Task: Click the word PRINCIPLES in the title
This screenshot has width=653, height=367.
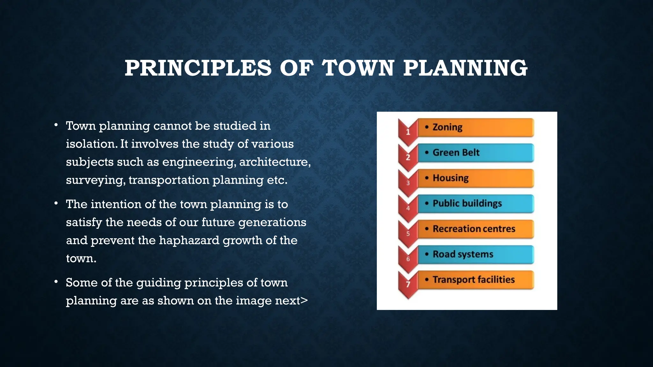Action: [198, 68]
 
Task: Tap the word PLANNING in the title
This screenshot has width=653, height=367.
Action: [465, 68]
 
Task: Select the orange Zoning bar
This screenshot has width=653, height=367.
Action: [475, 127]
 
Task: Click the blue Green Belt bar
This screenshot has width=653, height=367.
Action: [475, 153]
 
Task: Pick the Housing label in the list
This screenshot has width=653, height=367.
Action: [451, 178]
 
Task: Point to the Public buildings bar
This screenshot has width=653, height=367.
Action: [475, 204]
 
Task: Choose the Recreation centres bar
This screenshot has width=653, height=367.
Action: [475, 229]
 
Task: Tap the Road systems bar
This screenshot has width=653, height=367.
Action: [475, 254]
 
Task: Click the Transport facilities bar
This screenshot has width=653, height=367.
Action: [475, 280]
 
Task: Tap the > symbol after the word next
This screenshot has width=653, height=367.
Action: [304, 300]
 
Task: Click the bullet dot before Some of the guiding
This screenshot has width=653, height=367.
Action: [56, 282]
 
